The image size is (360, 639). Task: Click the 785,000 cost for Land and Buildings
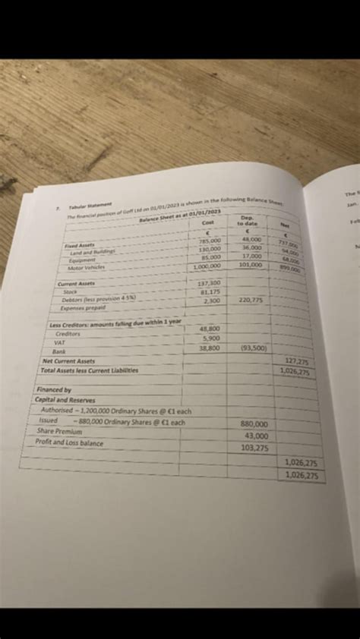click(x=210, y=241)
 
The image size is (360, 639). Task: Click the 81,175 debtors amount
click(x=209, y=291)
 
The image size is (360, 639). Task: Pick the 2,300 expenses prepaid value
click(x=213, y=301)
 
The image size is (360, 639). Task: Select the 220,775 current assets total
click(x=251, y=301)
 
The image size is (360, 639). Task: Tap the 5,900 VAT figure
click(x=211, y=338)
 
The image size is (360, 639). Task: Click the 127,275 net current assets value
click(x=296, y=362)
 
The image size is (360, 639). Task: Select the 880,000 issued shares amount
click(x=254, y=424)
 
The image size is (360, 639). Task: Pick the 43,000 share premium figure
click(x=256, y=436)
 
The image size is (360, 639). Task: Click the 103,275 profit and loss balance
click(x=254, y=449)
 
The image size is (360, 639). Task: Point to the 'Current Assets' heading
click(x=75, y=283)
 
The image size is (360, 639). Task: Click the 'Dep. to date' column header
click(x=248, y=221)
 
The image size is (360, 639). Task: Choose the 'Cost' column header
click(x=209, y=223)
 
